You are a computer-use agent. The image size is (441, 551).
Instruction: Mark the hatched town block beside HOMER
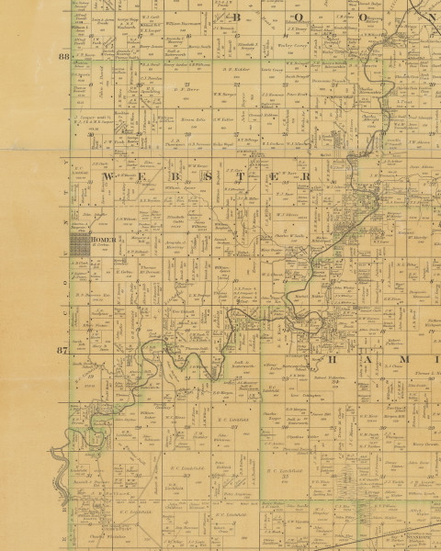[x=80, y=243]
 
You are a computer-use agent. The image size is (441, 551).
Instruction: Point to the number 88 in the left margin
[x=63, y=57]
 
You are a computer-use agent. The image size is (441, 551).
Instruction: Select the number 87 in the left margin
[x=63, y=352]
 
